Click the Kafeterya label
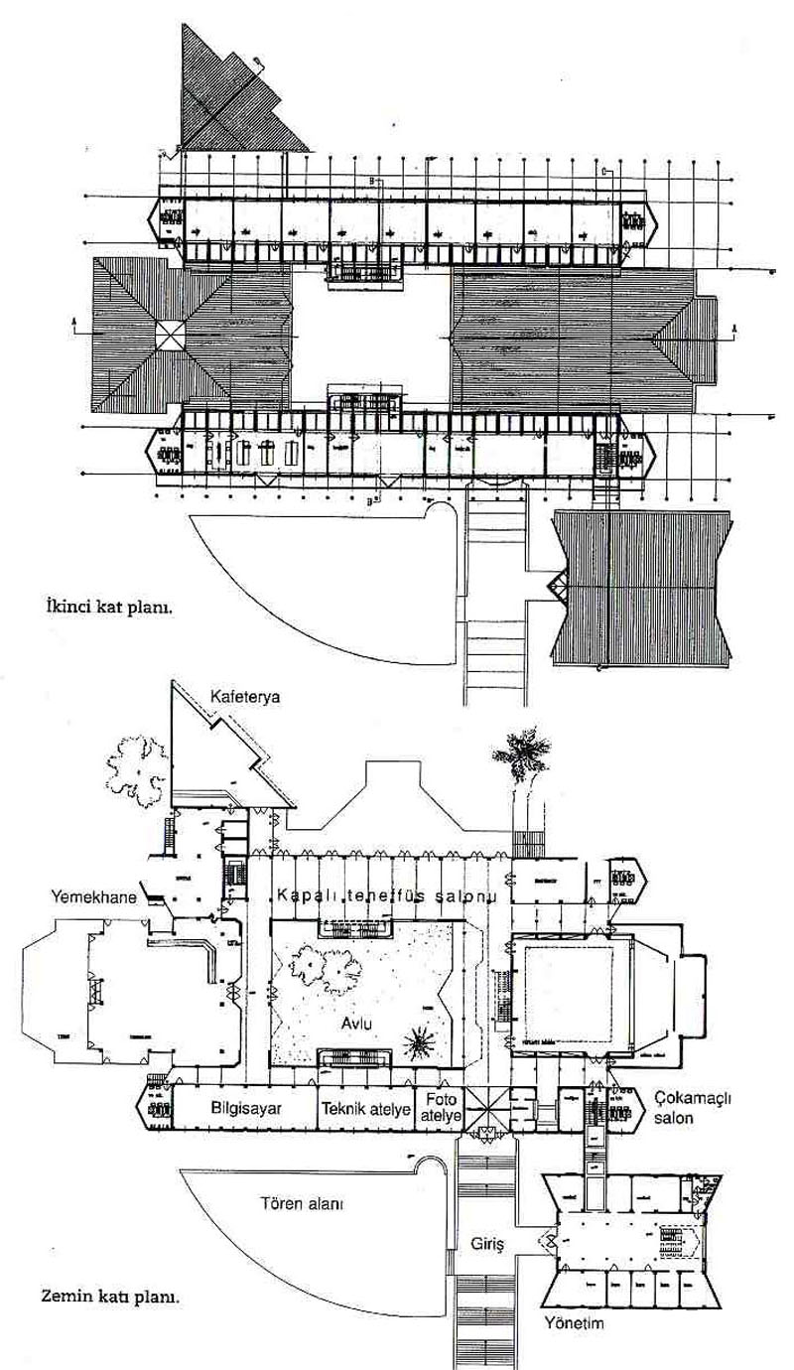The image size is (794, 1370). pos(245,697)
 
